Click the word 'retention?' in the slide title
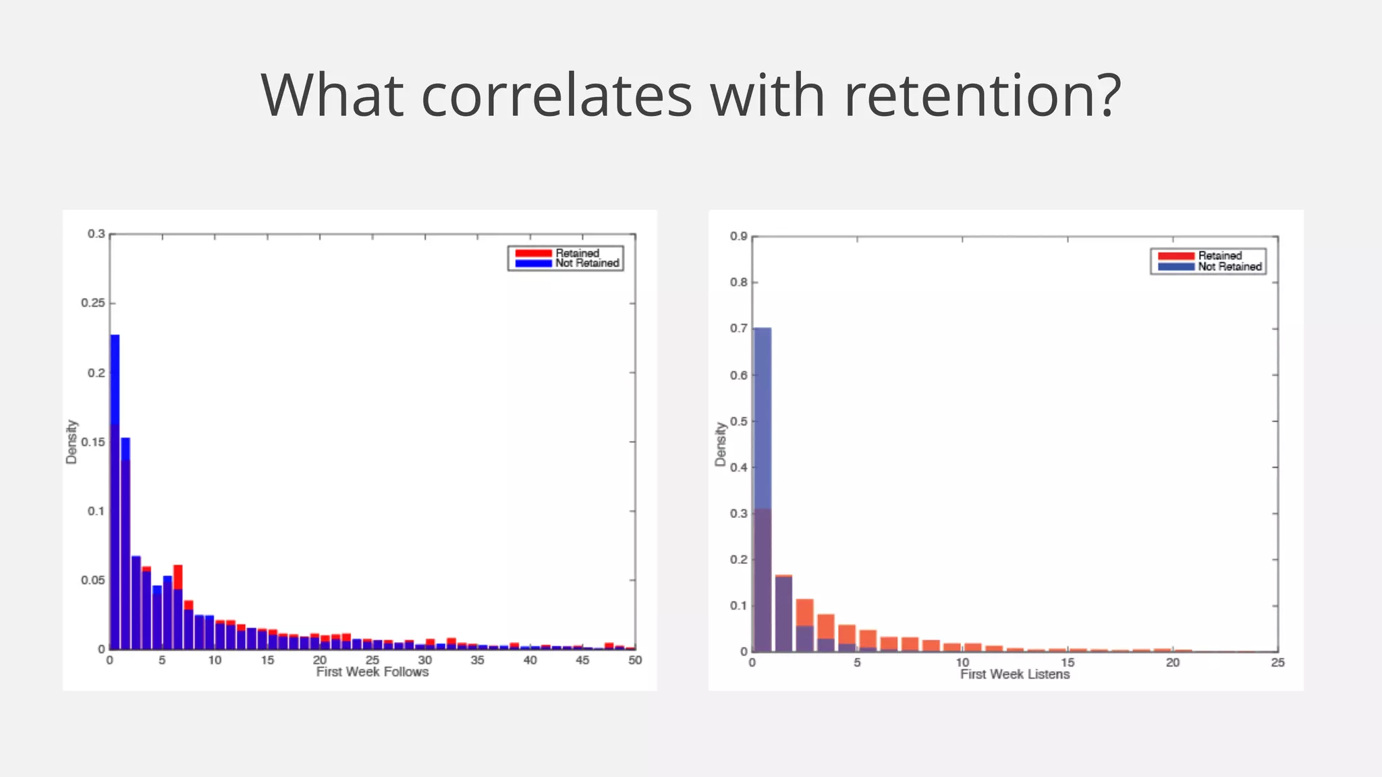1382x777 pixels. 983,95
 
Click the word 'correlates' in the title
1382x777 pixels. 557,95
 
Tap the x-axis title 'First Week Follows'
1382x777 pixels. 372,672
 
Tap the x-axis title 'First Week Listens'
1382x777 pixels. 1015,674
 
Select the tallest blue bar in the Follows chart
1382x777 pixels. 115,492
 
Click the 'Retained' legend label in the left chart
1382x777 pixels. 577,253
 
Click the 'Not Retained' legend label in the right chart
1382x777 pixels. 1229,266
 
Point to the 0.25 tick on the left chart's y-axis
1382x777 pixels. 93,303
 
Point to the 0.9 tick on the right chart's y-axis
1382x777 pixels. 738,236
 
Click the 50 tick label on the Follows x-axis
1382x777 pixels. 634,660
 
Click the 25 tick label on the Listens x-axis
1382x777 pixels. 1277,662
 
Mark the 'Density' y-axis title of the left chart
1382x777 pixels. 72,442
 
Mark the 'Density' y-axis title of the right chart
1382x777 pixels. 721,444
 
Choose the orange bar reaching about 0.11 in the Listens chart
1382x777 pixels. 804,624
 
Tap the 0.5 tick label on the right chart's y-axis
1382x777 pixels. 738,421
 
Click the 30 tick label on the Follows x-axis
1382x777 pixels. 424,660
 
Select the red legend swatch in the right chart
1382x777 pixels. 1176,256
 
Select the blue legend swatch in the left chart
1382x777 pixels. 533,263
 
